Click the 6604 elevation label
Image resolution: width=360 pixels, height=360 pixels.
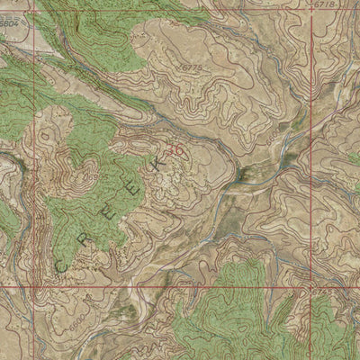click(x=12, y=39)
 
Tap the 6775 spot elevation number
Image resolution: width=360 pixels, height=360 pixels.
click(x=191, y=67)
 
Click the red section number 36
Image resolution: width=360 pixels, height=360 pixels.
click(x=176, y=152)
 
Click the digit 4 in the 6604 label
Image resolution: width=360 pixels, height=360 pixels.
click(x=19, y=39)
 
